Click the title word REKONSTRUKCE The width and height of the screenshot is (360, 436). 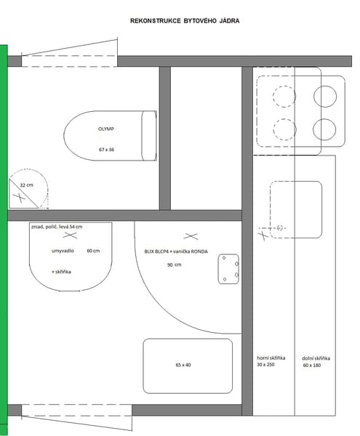156,21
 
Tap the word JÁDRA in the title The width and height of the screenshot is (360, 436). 230,21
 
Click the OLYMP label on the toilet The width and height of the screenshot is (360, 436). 106,129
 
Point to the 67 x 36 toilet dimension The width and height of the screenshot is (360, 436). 106,150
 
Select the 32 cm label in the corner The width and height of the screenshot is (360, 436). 26,185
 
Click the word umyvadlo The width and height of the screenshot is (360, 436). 63,251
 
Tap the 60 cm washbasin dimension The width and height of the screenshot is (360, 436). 93,251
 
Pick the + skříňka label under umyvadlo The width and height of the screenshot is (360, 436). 62,272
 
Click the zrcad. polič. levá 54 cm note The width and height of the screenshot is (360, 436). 57,227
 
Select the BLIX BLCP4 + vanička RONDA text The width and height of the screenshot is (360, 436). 176,251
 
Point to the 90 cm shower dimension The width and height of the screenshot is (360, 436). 174,265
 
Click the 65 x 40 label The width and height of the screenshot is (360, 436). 183,365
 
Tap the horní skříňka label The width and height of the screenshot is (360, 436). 271,358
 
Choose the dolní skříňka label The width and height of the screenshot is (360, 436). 316,358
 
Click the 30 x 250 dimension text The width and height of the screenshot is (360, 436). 265,365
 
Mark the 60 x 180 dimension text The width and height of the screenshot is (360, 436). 312,366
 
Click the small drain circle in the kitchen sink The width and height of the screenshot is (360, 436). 280,228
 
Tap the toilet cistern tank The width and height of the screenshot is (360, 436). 149,136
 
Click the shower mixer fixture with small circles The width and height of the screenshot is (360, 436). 228,269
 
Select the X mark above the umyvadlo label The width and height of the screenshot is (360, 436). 70,235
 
